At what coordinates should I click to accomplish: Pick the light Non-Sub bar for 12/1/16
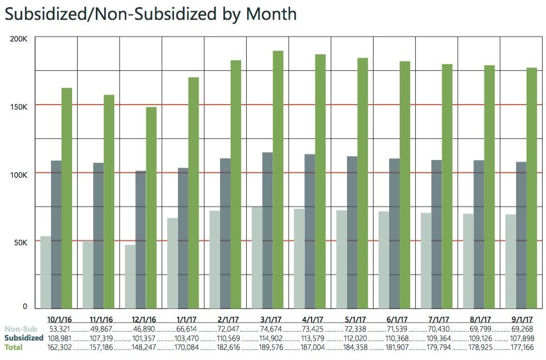coord(130,276)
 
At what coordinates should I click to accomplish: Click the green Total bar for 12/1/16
coord(151,208)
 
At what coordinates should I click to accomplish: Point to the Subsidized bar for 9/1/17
coord(521,235)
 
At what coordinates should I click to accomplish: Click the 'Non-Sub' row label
coord(19,328)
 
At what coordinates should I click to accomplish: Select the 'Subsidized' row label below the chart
coord(24,337)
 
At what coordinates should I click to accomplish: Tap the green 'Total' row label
coord(15,346)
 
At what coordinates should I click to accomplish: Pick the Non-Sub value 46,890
coord(144,328)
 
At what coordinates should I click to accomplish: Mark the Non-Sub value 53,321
coord(59,328)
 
